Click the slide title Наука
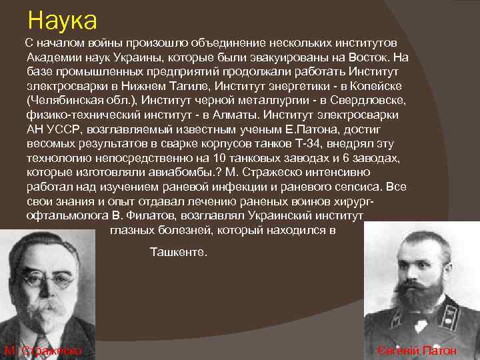[62, 20]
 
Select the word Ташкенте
[179, 253]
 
